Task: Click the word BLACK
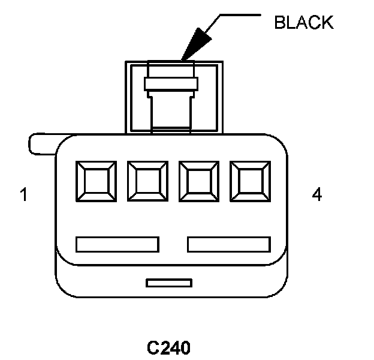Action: [x=303, y=22]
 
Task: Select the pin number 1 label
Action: [x=23, y=195]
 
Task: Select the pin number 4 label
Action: [x=317, y=194]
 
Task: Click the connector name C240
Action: [x=168, y=347]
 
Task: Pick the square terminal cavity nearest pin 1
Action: [x=96, y=181]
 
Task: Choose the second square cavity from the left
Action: [x=147, y=181]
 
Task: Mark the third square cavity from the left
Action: [x=199, y=181]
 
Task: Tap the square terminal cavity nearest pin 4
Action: [x=250, y=181]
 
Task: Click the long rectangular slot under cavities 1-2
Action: [x=117, y=244]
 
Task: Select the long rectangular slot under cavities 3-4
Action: [x=229, y=244]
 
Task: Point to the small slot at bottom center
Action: [x=169, y=282]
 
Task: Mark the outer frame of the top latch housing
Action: [x=128, y=96]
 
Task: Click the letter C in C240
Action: [x=153, y=347]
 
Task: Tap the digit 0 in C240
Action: [x=185, y=347]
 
